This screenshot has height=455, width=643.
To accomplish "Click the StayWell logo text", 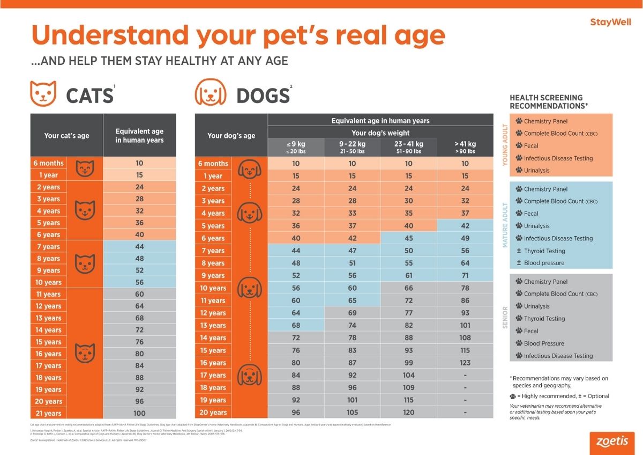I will click(x=610, y=22).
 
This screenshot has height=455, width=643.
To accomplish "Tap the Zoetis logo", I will click(x=612, y=441).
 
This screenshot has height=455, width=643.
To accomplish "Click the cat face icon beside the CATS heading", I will click(x=43, y=93).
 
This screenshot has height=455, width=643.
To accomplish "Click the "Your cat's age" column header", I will click(x=66, y=136).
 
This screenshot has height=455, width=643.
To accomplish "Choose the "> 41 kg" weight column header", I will click(x=465, y=147).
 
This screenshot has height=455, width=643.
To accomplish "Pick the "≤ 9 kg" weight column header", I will click(x=296, y=147).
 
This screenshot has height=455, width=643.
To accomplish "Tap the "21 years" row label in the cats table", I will click(x=49, y=413).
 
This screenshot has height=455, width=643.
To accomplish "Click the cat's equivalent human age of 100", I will click(x=139, y=413).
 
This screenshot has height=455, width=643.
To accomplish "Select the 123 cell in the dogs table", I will click(x=465, y=363).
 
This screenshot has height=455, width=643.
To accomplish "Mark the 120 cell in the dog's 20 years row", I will click(x=408, y=413).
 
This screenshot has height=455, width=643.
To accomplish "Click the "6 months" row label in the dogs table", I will click(x=213, y=164).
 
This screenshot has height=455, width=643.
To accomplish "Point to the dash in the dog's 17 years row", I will click(x=465, y=375).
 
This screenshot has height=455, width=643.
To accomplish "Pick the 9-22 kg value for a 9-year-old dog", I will click(x=352, y=275).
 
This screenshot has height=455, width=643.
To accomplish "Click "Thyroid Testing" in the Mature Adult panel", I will click(x=544, y=251).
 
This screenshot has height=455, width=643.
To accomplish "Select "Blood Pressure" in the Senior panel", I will click(x=544, y=343).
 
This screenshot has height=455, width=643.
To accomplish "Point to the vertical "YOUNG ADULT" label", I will click(x=505, y=145).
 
